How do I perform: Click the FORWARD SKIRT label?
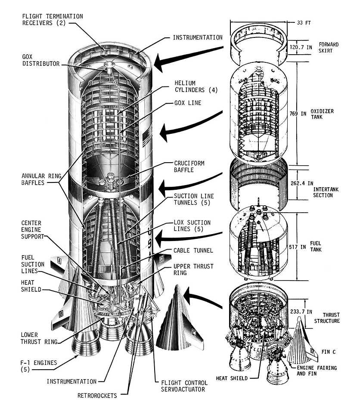click(329, 47)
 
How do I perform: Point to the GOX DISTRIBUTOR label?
click(41, 60)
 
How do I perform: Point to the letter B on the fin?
click(61, 314)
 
